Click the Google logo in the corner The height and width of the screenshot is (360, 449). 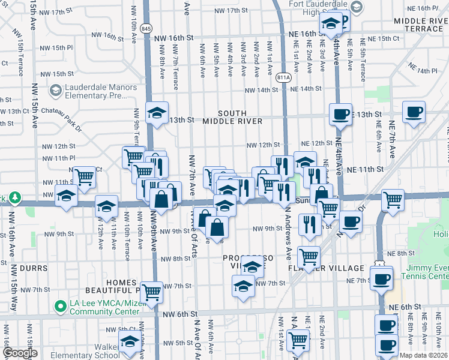tap(19, 353)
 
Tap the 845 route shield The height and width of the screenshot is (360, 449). tap(146, 28)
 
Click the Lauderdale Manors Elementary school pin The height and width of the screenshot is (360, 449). tap(56, 91)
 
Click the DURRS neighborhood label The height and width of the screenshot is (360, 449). tap(25, 268)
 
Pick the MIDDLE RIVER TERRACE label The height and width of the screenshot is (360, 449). tap(418, 25)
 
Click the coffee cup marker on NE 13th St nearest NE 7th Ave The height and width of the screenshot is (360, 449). tap(414, 112)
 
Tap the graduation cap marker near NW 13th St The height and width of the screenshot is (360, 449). tap(157, 112)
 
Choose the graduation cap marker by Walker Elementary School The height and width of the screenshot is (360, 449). tap(130, 343)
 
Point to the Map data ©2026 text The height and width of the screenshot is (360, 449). tap(424, 355)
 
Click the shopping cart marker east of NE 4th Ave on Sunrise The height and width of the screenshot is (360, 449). tap(393, 200)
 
